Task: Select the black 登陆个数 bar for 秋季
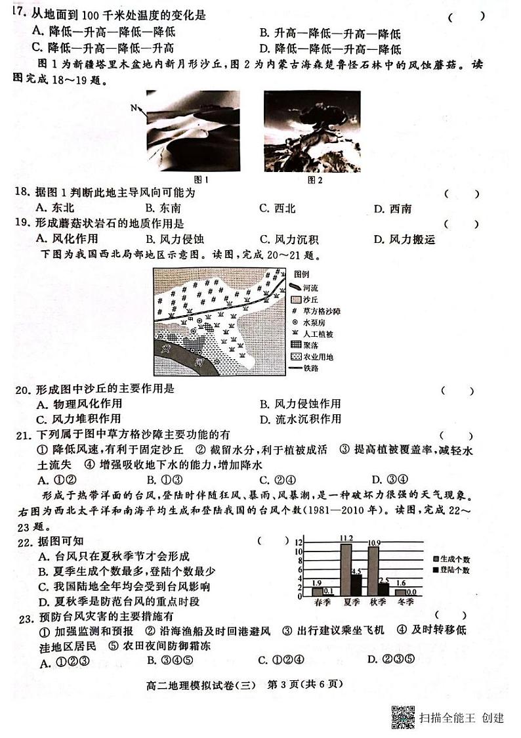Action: pyautogui.click(x=384, y=588)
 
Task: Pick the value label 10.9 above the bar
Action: pyautogui.click(x=374, y=542)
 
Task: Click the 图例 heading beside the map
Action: pyautogui.click(x=301, y=274)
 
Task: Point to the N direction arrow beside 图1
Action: pyautogui.click(x=136, y=108)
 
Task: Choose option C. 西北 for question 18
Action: pyautogui.click(x=277, y=209)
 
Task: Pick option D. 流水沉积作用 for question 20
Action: pyautogui.click(x=300, y=419)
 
